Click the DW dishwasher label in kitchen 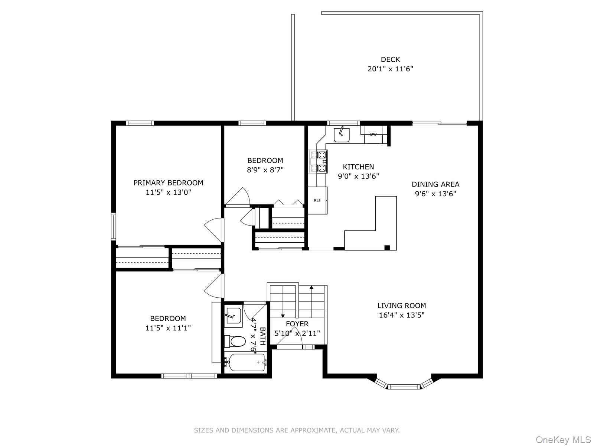(x=373, y=135)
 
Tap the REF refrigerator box (x=317, y=200)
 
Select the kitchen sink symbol (x=341, y=135)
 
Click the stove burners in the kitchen (x=319, y=162)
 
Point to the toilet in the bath (x=235, y=341)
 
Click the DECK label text (x=390, y=59)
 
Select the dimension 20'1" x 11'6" (x=390, y=69)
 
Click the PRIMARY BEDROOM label (x=168, y=183)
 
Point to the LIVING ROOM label (x=402, y=306)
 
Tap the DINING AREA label (x=435, y=184)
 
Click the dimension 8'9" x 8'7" (x=265, y=170)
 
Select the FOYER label (x=297, y=324)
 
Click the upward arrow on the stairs (x=311, y=287)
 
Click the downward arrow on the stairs (x=283, y=315)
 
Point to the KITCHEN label (x=358, y=167)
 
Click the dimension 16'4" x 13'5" (x=402, y=315)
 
